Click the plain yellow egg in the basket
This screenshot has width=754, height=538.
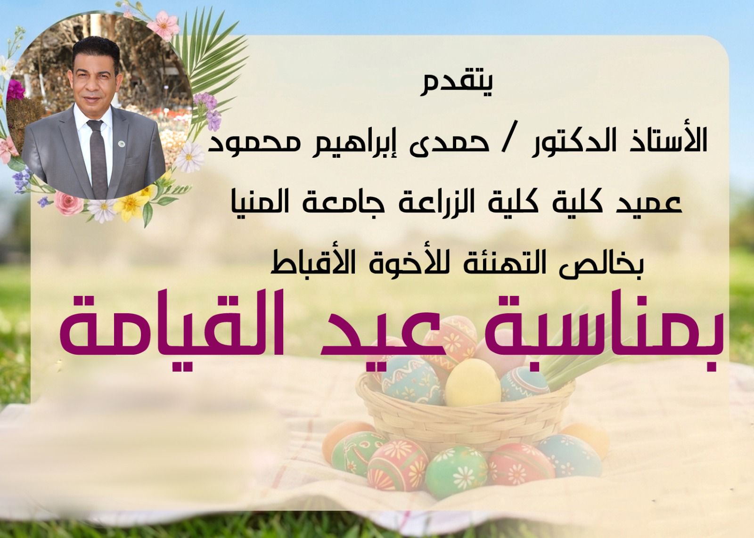(x=473, y=382)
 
